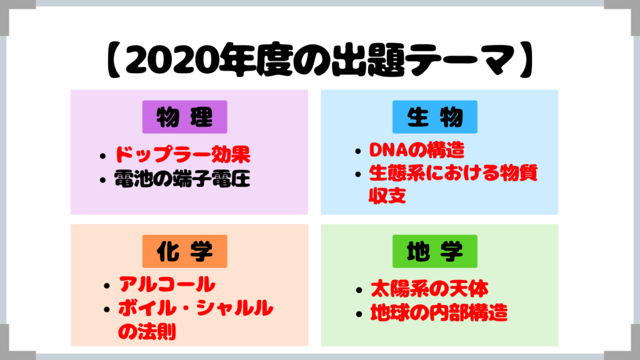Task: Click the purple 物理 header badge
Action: click(x=184, y=117)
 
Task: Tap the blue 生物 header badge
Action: click(x=435, y=117)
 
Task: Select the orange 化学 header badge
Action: click(x=184, y=251)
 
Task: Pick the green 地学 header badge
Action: click(x=435, y=251)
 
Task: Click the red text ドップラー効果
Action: click(x=182, y=154)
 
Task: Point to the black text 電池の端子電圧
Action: click(x=182, y=179)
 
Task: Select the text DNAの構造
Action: click(x=417, y=150)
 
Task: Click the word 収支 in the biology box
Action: click(x=387, y=196)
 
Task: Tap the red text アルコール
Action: click(x=167, y=284)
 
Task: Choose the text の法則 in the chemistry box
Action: click(x=147, y=331)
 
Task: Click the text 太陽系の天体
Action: click(x=429, y=289)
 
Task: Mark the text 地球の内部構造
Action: click(x=439, y=312)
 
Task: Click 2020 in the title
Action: click(x=171, y=59)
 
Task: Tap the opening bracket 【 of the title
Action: click(x=113, y=59)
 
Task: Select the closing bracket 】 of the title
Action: click(x=527, y=59)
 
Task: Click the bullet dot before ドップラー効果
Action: click(x=102, y=156)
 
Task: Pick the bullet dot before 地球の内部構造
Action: click(x=359, y=314)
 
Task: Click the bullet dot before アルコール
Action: click(x=107, y=286)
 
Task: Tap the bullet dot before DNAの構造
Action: click(x=358, y=151)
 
